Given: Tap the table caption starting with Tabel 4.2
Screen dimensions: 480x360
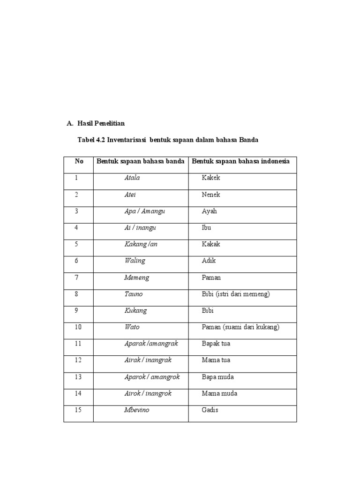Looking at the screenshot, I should click(x=167, y=140).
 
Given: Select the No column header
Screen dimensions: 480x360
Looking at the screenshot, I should click(x=79, y=161).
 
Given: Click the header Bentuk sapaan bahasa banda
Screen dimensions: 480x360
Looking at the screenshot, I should click(x=141, y=161).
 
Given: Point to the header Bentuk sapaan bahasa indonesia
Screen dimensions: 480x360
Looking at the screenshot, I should click(x=241, y=161).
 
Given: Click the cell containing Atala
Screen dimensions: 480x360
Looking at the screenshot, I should click(x=132, y=178).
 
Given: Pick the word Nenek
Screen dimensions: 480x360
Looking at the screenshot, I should click(x=211, y=195).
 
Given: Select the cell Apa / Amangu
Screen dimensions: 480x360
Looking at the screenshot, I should click(x=145, y=211).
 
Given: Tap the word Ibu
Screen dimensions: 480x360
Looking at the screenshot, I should click(x=206, y=228).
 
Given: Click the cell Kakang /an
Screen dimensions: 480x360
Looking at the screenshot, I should click(x=141, y=244).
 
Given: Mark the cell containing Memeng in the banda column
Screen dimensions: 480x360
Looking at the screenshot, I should click(x=137, y=277).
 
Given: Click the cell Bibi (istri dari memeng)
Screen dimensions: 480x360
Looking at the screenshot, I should click(x=236, y=294).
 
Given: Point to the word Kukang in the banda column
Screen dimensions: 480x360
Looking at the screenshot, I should click(x=135, y=310).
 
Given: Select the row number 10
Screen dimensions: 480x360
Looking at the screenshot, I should click(x=78, y=327).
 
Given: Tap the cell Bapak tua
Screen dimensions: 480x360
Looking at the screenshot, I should click(x=216, y=344).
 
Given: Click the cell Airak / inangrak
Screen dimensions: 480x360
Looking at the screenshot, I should click(x=148, y=360).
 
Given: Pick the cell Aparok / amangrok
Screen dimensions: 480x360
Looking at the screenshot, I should click(x=152, y=377).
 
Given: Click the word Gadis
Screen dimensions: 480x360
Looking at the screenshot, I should click(x=210, y=410).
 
